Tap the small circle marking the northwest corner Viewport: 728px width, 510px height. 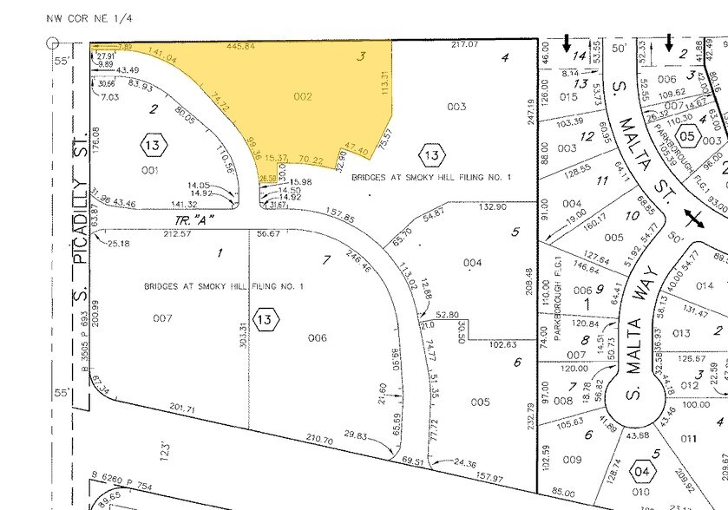click(x=53, y=41)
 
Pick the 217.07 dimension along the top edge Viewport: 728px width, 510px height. click(x=466, y=44)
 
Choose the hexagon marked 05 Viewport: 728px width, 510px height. click(x=687, y=136)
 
